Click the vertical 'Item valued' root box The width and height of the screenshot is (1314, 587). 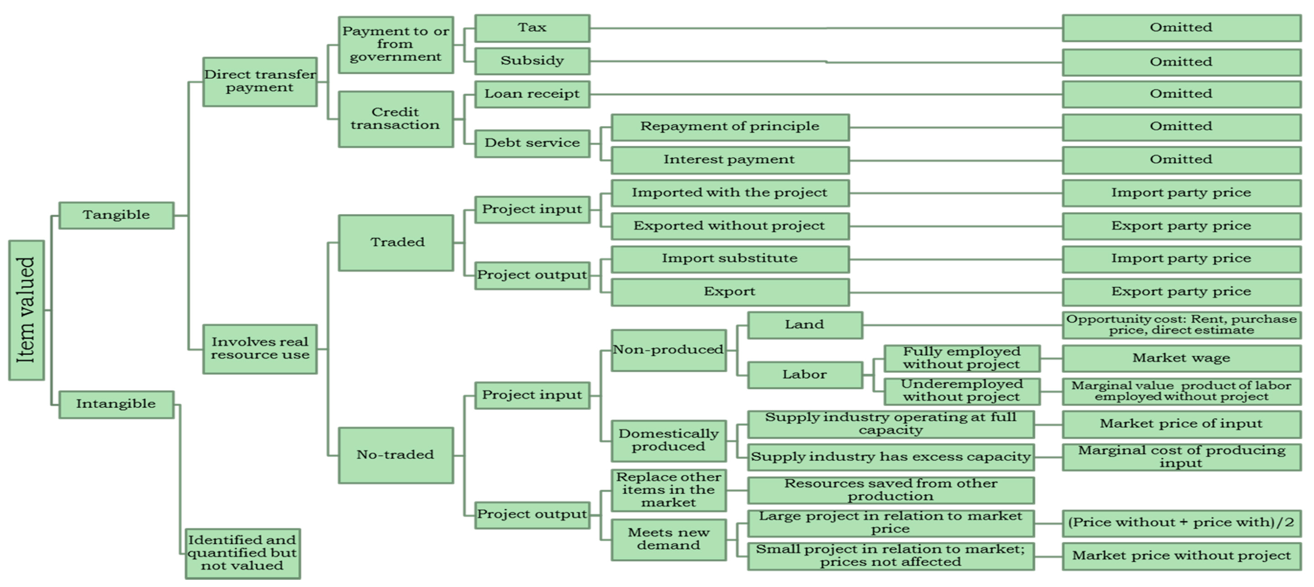(27, 310)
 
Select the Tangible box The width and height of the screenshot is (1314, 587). (116, 215)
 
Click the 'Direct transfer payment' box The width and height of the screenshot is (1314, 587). (260, 82)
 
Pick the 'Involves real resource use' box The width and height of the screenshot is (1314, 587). (260, 349)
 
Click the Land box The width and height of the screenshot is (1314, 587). (804, 325)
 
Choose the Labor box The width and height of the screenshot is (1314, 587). (804, 375)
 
